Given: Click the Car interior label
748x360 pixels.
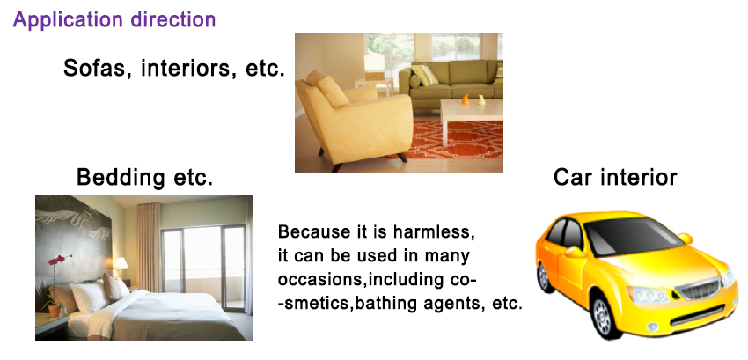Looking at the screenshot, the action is pos(615,177).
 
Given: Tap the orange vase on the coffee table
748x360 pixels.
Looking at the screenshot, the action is pos(466,99).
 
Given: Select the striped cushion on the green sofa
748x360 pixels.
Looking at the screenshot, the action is pos(424,75).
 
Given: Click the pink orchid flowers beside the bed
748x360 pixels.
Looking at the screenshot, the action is pos(57,260).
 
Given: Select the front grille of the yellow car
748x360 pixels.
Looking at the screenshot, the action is pos(700,290).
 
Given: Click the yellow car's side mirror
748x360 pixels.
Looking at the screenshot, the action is pos(576,251).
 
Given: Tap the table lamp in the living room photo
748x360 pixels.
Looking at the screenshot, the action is pos(374,66).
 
